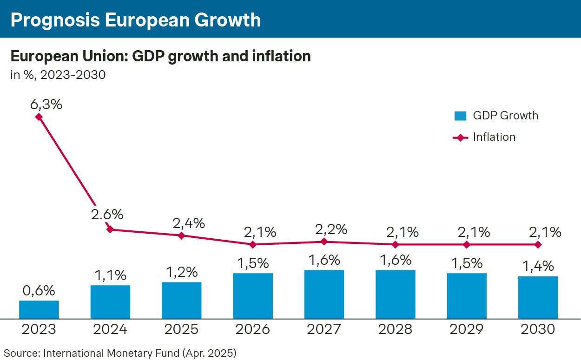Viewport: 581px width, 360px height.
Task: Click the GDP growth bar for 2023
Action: click(39, 309)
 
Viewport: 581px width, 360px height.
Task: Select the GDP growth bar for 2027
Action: click(324, 294)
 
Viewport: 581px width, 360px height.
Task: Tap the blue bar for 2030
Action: click(538, 297)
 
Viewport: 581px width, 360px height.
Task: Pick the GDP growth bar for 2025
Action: click(182, 300)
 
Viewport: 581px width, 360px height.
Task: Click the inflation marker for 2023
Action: click(39, 117)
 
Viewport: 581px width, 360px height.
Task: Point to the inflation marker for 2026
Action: click(253, 244)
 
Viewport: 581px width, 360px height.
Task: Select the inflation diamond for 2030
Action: click(538, 244)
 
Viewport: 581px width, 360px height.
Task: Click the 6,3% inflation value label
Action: click(46, 104)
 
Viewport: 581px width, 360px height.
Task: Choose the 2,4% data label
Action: click(189, 223)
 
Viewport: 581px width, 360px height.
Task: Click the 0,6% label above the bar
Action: click(39, 291)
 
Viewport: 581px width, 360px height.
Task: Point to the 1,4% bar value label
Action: click(538, 266)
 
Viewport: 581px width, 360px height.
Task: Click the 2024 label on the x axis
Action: click(110, 329)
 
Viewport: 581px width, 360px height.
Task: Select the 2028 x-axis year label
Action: click(395, 329)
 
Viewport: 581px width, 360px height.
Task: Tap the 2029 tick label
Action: click(467, 329)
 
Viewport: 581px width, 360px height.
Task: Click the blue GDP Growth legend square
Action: click(460, 116)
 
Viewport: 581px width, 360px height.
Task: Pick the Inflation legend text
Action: click(494, 137)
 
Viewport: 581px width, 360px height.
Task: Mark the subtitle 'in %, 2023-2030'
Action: click(58, 75)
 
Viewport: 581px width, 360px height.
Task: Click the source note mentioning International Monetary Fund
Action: click(120, 353)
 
